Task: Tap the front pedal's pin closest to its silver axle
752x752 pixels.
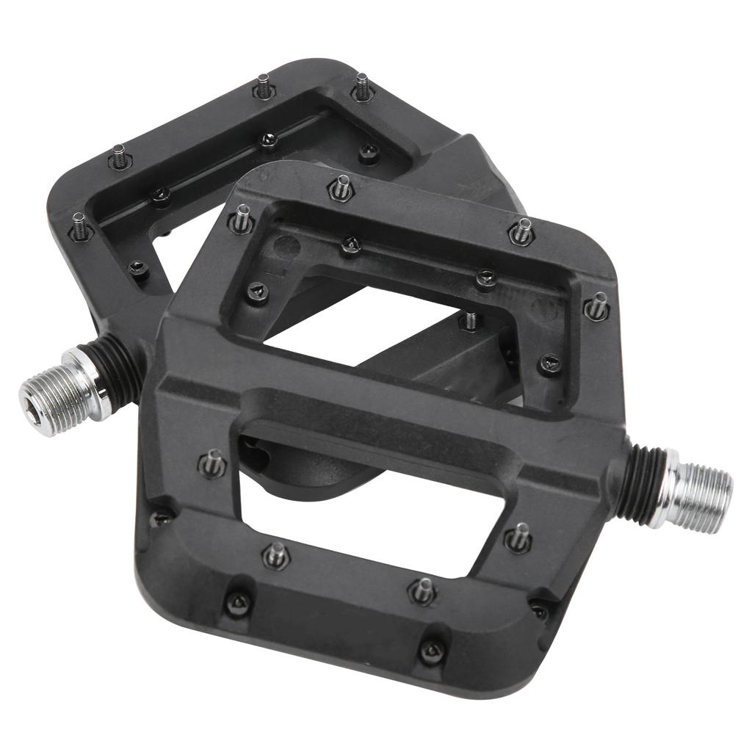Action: click(x=518, y=538)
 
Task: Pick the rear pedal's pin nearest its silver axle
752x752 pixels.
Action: click(x=79, y=227)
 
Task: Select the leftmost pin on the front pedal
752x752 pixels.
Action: click(x=212, y=463)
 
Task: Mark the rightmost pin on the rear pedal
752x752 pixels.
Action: click(x=363, y=87)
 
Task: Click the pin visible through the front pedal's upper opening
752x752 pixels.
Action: click(x=470, y=320)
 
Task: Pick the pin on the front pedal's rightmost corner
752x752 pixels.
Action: click(x=597, y=305)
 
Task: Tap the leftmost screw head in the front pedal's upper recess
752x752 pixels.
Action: click(x=257, y=293)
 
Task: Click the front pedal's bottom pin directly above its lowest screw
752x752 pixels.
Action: click(x=424, y=589)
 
